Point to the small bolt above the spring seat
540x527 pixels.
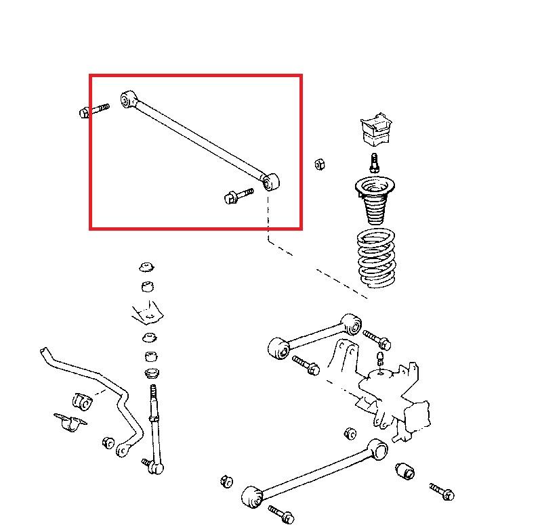pyautogui.click(x=373, y=163)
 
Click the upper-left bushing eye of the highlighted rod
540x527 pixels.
pyautogui.click(x=127, y=100)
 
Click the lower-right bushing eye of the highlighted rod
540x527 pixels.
pyautogui.click(x=271, y=181)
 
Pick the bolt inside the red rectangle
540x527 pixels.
pyautogui.click(x=237, y=196)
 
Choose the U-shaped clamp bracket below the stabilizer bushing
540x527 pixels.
pyautogui.click(x=70, y=422)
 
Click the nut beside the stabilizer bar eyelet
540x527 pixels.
pyautogui.click(x=107, y=442)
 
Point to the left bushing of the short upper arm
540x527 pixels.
pyautogui.click(x=278, y=348)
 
